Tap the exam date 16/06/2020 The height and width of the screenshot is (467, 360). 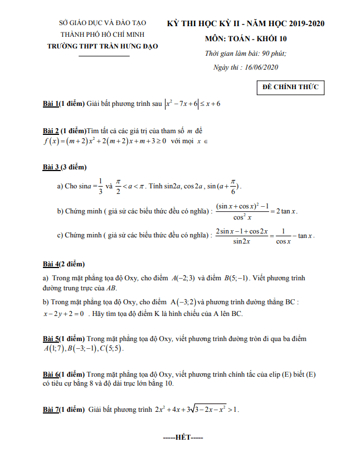pyautogui.click(x=261, y=67)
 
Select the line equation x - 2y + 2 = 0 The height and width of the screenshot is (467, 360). pyautogui.click(x=63, y=314)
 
